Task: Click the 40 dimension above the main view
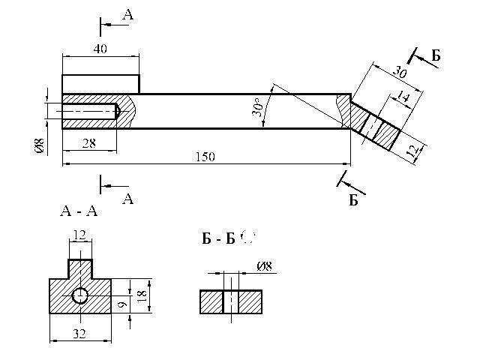(x=100, y=49)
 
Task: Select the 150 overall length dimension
(x=205, y=157)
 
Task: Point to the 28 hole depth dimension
(x=89, y=143)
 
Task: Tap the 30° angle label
(x=258, y=106)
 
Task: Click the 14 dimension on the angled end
(x=403, y=97)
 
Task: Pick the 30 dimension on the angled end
(x=400, y=72)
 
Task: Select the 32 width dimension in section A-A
(x=79, y=333)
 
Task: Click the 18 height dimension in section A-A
(x=142, y=296)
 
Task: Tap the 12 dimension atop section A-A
(x=79, y=235)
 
